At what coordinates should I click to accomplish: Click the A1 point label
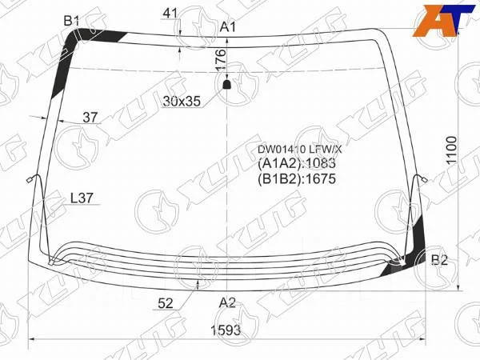pos(228,27)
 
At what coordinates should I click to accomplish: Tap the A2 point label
pos(227,302)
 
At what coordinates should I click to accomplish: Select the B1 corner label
pos(72,21)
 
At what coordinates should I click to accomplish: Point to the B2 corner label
pos(439,260)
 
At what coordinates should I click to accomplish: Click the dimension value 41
pos(170,13)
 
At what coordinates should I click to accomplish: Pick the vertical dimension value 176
pos(221,60)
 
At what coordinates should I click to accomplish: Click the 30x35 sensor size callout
pos(182,101)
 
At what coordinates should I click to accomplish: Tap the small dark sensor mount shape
pos(226,85)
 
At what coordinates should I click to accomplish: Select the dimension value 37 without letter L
pos(90,118)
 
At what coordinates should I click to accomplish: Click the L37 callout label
pos(82,198)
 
